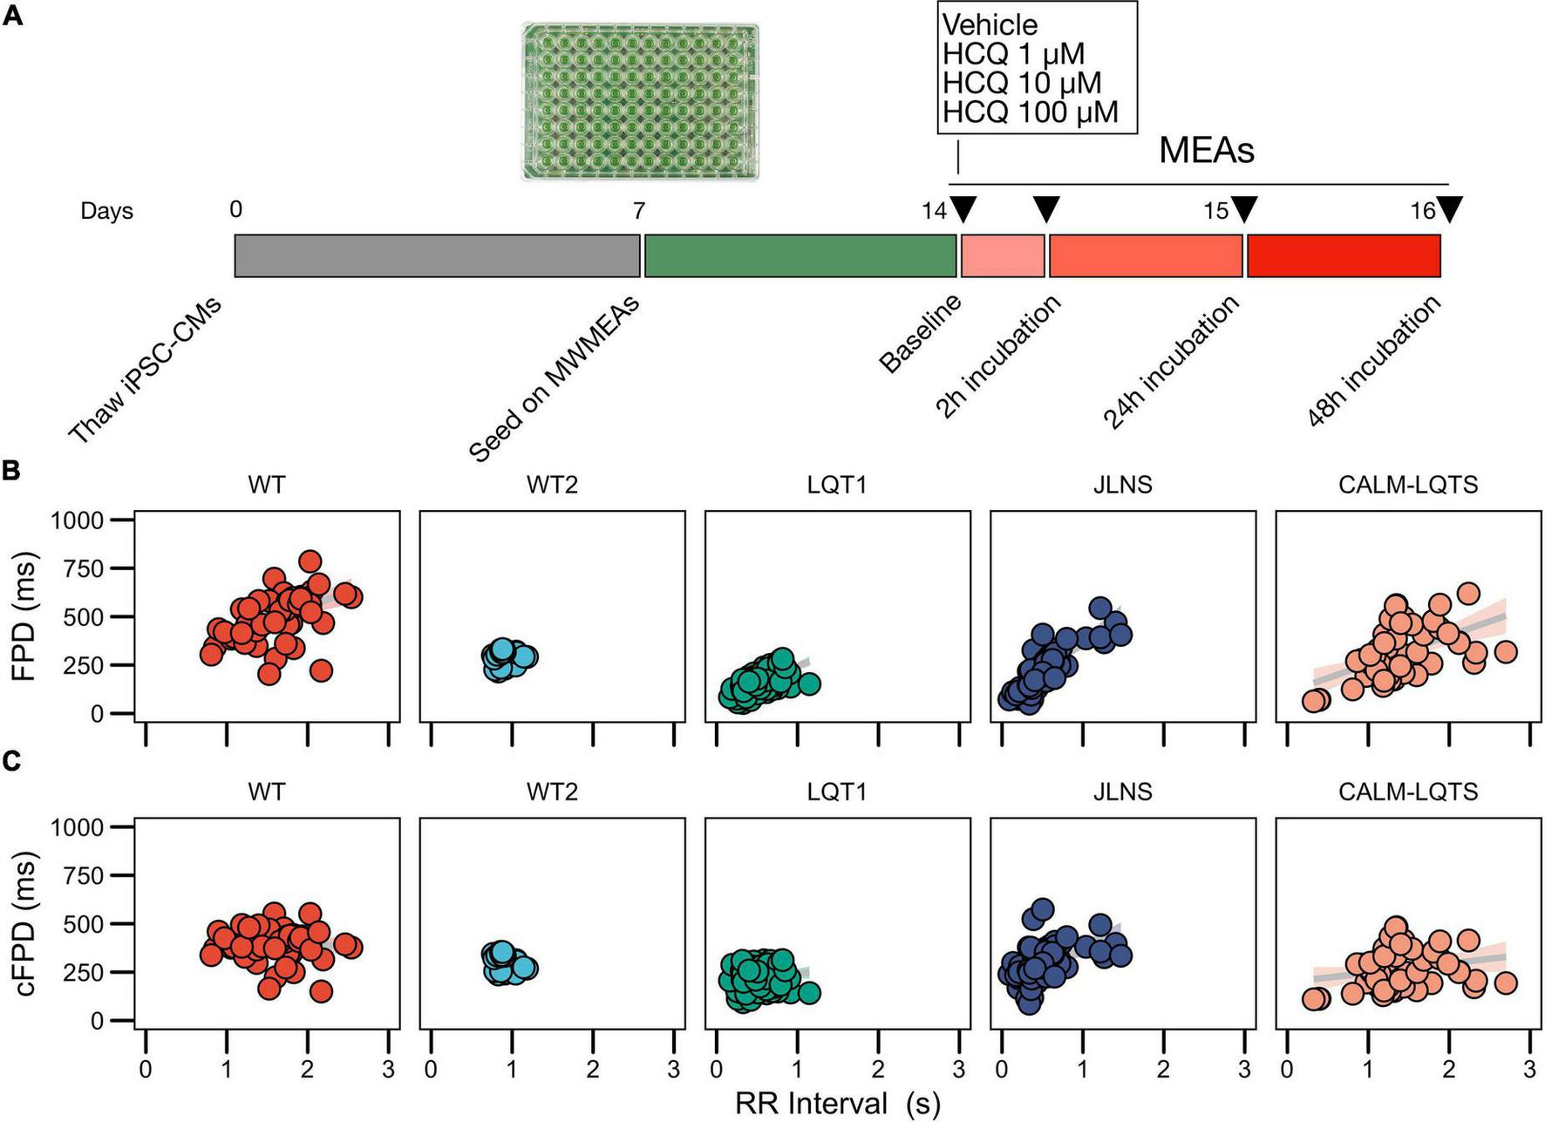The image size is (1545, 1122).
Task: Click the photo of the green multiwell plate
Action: click(x=640, y=102)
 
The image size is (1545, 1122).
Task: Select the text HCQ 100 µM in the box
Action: click(x=1030, y=112)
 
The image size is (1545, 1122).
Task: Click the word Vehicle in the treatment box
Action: click(x=990, y=24)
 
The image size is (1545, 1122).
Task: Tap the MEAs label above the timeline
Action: click(x=1206, y=151)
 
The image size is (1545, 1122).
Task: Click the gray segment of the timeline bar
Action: click(x=437, y=255)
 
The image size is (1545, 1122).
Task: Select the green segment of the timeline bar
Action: click(x=800, y=255)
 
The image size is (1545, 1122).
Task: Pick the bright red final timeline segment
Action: click(x=1343, y=255)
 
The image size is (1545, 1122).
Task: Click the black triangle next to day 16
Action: click(x=1450, y=209)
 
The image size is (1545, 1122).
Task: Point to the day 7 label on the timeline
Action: click(x=638, y=210)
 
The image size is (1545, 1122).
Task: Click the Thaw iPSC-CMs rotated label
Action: click(x=145, y=371)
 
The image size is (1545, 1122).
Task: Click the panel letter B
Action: click(x=11, y=470)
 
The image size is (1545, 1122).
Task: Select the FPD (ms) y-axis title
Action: click(x=26, y=615)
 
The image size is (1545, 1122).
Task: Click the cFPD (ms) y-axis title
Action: click(x=26, y=923)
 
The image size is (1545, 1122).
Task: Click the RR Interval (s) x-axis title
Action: click(x=838, y=1103)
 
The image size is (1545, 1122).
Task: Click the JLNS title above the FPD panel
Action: click(x=1122, y=485)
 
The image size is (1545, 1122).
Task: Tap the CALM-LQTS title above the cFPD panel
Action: click(x=1407, y=792)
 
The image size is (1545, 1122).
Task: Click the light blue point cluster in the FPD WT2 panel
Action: click(x=507, y=660)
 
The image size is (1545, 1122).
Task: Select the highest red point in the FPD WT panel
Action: click(x=310, y=561)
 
